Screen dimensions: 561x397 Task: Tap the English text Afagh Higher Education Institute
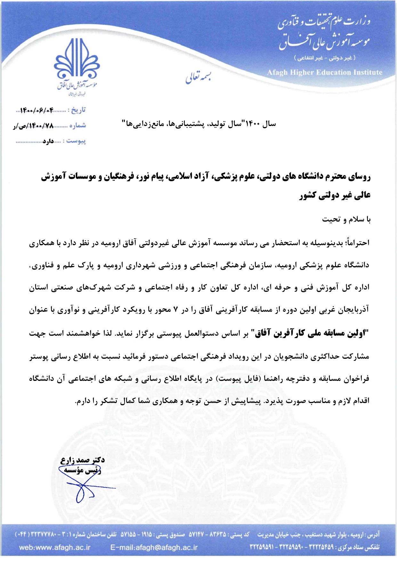click(325, 73)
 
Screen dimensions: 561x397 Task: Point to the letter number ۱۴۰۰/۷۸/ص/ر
click(33, 126)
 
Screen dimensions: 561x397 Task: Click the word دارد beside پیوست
click(48, 141)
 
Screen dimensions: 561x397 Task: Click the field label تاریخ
click(78, 110)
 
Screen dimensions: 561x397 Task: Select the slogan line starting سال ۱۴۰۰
click(199, 124)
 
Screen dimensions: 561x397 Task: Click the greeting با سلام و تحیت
click(346, 220)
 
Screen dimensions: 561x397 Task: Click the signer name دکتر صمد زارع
click(83, 460)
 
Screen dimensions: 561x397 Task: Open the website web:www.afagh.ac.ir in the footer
click(55, 547)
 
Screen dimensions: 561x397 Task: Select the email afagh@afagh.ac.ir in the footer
click(154, 547)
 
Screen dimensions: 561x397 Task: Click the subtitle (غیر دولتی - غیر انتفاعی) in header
click(325, 58)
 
